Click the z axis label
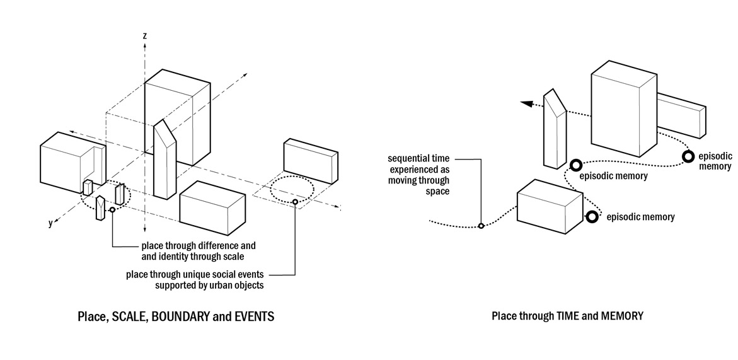click(x=145, y=36)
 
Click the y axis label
click(x=50, y=223)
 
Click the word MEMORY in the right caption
click(x=622, y=316)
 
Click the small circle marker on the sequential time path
click(x=481, y=226)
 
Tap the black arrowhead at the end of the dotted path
click(x=524, y=107)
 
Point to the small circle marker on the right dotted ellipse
click(x=295, y=202)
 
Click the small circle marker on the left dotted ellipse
click(x=112, y=210)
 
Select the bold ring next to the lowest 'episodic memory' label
click(x=592, y=217)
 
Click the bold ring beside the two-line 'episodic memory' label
click(x=688, y=156)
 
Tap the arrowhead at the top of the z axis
click(x=145, y=45)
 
